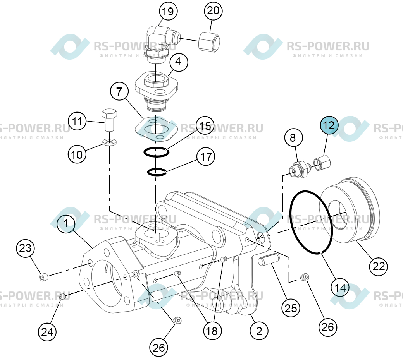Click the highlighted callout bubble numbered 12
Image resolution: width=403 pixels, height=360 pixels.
click(x=329, y=125)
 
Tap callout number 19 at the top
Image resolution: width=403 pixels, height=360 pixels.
click(x=168, y=12)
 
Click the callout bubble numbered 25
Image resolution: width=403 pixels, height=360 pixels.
click(x=291, y=308)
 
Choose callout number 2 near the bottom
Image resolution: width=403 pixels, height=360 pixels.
click(x=259, y=331)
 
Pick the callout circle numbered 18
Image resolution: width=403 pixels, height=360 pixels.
click(x=212, y=331)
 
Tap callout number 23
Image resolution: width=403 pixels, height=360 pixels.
click(x=25, y=248)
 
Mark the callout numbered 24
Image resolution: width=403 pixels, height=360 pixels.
click(x=47, y=332)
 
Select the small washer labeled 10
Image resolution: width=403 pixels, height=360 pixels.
click(x=110, y=141)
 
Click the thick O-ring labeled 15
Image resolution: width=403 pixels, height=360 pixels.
click(x=156, y=152)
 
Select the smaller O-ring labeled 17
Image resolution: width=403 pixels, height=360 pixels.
click(x=157, y=172)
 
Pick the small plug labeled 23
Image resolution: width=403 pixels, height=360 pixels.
click(x=43, y=277)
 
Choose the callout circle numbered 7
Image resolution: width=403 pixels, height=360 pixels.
click(x=119, y=91)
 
